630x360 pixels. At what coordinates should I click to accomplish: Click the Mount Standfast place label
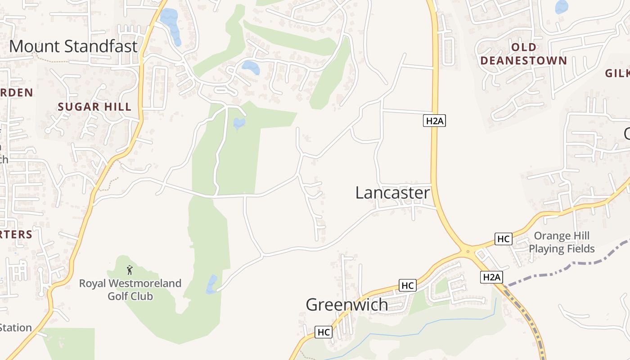pyautogui.click(x=73, y=46)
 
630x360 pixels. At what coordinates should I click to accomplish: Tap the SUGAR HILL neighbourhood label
pyautogui.click(x=94, y=107)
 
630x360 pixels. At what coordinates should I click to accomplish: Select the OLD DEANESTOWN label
pyautogui.click(x=523, y=54)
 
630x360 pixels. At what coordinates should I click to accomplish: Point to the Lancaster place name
pyautogui.click(x=392, y=193)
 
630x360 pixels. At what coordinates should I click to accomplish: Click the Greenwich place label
pyautogui.click(x=346, y=305)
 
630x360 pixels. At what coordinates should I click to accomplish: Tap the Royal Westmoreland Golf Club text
pyautogui.click(x=130, y=290)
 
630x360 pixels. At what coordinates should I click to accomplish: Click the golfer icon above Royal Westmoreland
pyautogui.click(x=130, y=270)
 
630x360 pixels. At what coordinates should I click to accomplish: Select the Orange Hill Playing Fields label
pyautogui.click(x=562, y=242)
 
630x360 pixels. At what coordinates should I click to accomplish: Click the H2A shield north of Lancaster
pyautogui.click(x=434, y=121)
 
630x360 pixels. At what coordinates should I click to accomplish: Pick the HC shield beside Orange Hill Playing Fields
pyautogui.click(x=503, y=239)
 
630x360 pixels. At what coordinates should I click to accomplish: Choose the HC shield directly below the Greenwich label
pyautogui.click(x=323, y=332)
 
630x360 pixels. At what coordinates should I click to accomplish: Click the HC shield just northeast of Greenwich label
pyautogui.click(x=407, y=285)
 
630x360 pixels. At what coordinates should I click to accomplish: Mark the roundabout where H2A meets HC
pyautogui.click(x=468, y=251)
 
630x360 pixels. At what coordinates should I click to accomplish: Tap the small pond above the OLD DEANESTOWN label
pyautogui.click(x=562, y=7)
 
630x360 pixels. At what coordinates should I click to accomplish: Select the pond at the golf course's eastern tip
pyautogui.click(x=211, y=285)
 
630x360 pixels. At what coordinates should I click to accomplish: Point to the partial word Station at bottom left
pyautogui.click(x=16, y=328)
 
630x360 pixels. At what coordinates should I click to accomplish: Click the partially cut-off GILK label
pyautogui.click(x=617, y=73)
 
